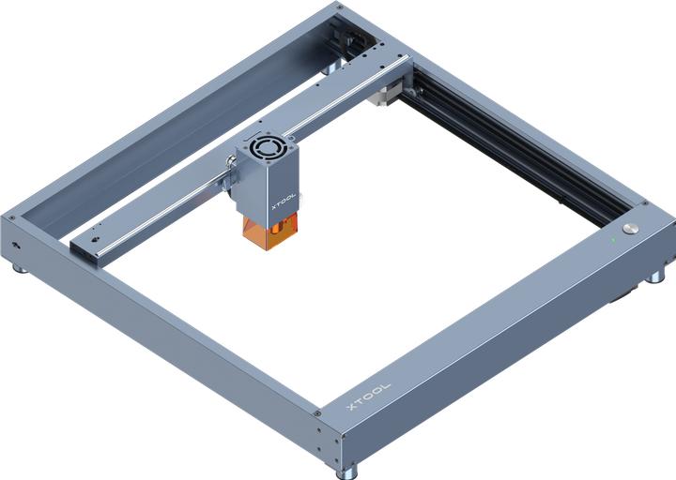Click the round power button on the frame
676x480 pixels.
click(x=630, y=229)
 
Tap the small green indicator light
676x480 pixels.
click(x=611, y=239)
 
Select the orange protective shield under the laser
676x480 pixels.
click(x=269, y=232)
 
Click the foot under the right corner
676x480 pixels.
click(x=654, y=278)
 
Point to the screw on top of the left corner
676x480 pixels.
click(x=12, y=217)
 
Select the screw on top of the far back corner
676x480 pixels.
click(x=337, y=7)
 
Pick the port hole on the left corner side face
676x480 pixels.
click(x=16, y=246)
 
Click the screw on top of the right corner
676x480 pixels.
click(x=644, y=204)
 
